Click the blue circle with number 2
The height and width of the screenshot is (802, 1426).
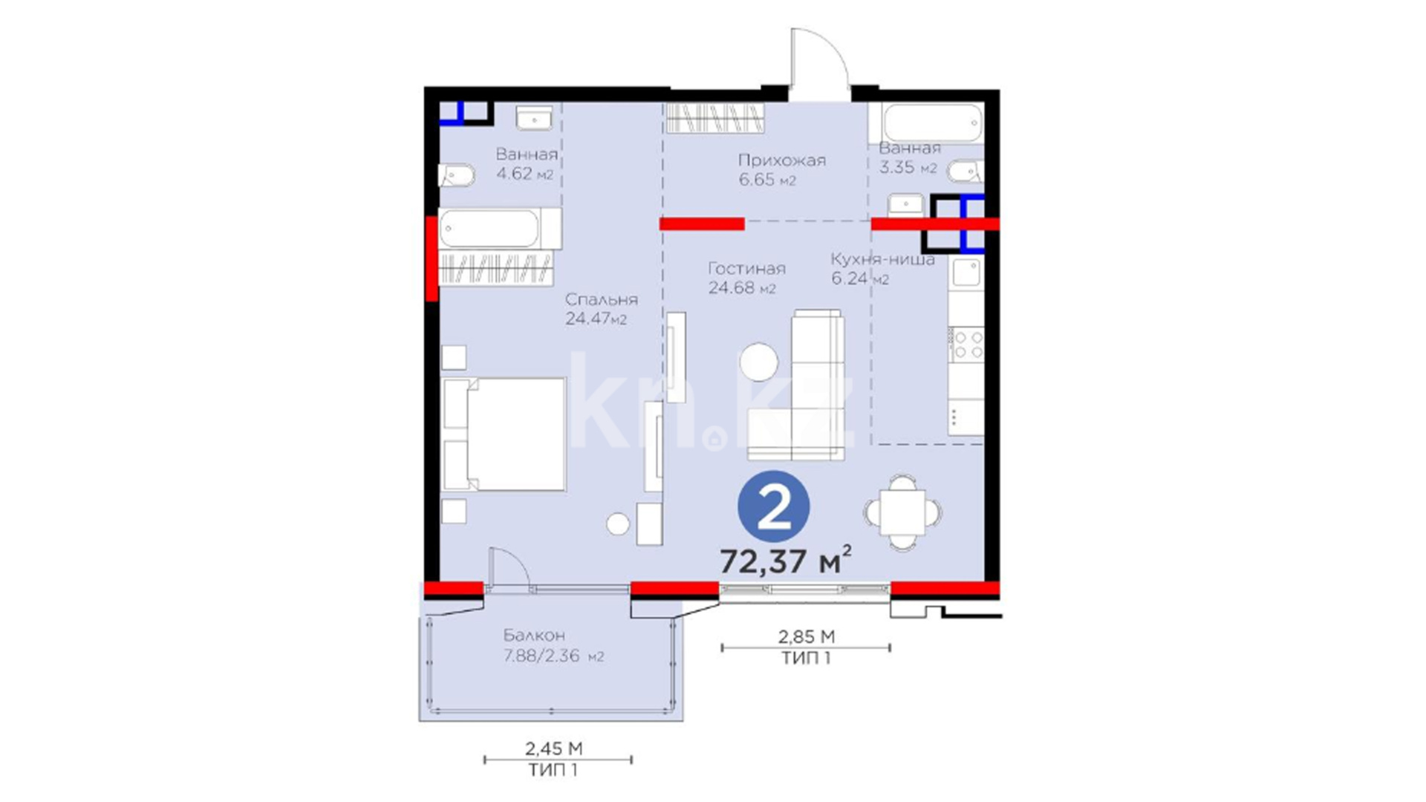pos(773,506)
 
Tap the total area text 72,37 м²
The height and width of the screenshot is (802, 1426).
pos(785,560)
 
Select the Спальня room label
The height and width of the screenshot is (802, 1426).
pos(601,299)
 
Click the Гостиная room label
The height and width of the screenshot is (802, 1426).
pos(746,268)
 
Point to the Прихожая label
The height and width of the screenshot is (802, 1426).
pos(781,160)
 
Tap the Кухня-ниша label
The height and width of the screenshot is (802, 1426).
pos(882,259)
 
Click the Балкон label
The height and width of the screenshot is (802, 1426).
pos(534,635)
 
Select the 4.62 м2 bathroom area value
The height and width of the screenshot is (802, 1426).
pos(525,174)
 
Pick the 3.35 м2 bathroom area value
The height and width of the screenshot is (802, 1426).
pos(908,168)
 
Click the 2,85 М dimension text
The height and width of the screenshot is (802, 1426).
pos(806,636)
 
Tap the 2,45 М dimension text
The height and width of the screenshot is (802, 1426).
pos(554,748)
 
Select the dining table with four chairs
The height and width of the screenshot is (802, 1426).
pos(902,512)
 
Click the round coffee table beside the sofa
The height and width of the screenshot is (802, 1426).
pos(759,362)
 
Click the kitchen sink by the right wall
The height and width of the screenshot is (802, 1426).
pos(967,273)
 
